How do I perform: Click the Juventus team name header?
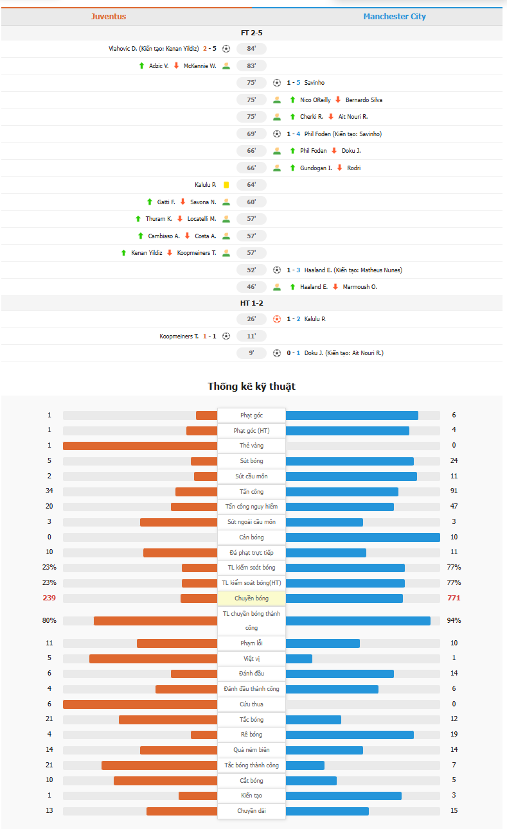pyautogui.click(x=108, y=17)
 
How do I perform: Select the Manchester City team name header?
pyautogui.click(x=395, y=17)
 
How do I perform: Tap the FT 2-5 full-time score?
pyautogui.click(x=251, y=32)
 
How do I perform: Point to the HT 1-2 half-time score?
pyautogui.click(x=251, y=302)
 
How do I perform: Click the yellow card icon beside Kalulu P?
pyautogui.click(x=226, y=185)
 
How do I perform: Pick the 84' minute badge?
pyautogui.click(x=251, y=49)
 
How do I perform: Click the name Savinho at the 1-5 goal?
pyautogui.click(x=314, y=83)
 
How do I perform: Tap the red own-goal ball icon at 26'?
pyautogui.click(x=277, y=319)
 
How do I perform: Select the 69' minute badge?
pyautogui.click(x=251, y=134)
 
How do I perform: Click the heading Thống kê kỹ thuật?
pyautogui.click(x=251, y=387)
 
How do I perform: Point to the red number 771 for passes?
pyautogui.click(x=454, y=598)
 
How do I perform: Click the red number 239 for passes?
pyautogui.click(x=49, y=598)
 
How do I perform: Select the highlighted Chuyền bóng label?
pyautogui.click(x=251, y=598)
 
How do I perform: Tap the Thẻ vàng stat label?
pyautogui.click(x=251, y=446)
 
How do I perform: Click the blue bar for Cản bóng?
pyautogui.click(x=362, y=537)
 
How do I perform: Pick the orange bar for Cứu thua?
pyautogui.click(x=140, y=704)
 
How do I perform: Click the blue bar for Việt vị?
pyautogui.click(x=299, y=659)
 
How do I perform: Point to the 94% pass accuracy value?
pyautogui.click(x=454, y=621)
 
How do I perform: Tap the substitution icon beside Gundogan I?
pyautogui.click(x=277, y=168)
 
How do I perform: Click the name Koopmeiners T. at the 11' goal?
pyautogui.click(x=179, y=336)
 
